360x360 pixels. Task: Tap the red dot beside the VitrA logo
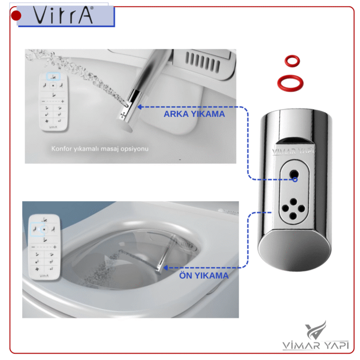pos(16,15)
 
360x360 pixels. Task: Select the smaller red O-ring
pos(292,61)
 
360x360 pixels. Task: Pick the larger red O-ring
pos(290,83)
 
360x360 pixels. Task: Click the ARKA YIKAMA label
pos(194,114)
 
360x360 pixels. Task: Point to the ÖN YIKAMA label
pos(204,276)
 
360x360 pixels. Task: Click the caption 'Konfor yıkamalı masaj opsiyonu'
pos(100,149)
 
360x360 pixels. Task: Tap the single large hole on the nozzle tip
pos(294,174)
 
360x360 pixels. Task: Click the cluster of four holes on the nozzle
pos(293,209)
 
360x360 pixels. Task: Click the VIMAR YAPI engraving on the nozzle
pos(293,151)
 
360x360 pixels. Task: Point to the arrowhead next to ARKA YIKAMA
pos(139,107)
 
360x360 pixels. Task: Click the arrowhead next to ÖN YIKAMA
pos(165,268)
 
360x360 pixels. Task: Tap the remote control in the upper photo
pos(53,102)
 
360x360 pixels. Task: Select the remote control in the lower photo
pos(44,247)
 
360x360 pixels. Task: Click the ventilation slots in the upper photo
pos(203,62)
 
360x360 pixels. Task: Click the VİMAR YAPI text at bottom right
pos(316,345)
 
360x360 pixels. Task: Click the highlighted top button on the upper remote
pos(53,77)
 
